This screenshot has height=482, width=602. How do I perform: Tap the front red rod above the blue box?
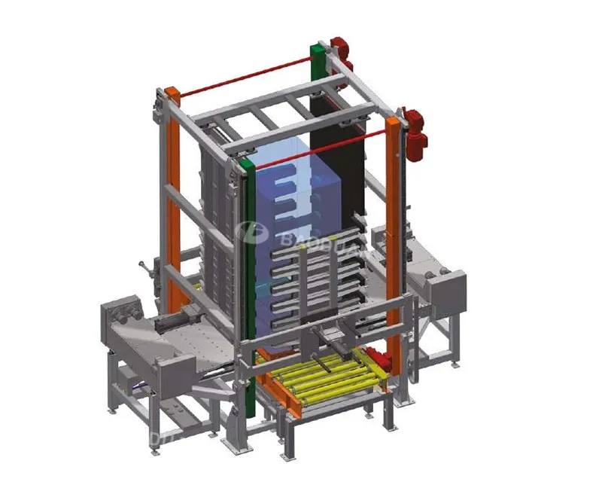pyautogui.click(x=324, y=147)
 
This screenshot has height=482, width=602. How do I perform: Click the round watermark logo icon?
pyautogui.click(x=246, y=231)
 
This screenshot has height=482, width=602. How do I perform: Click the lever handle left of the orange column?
pyautogui.click(x=144, y=267)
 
